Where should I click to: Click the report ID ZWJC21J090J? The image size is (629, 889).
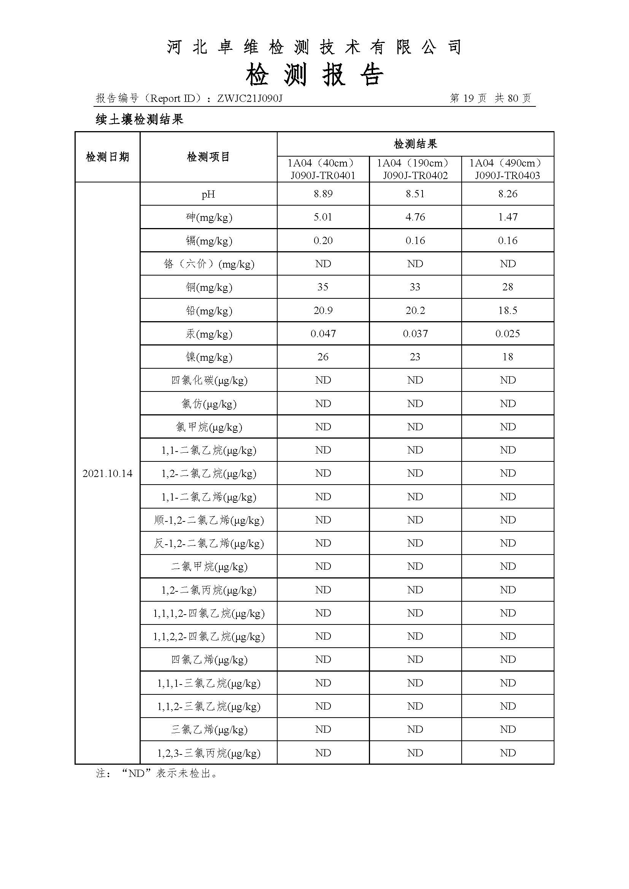(250, 99)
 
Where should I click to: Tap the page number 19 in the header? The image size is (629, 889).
(468, 98)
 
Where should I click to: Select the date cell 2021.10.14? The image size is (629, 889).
(107, 474)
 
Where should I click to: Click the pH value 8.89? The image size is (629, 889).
(323, 194)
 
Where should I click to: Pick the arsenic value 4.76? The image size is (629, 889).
(415, 217)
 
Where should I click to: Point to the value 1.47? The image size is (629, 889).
(507, 217)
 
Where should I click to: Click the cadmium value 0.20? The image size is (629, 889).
(323, 241)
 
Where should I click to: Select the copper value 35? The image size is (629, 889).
(322, 287)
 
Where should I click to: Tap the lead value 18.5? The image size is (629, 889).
(507, 311)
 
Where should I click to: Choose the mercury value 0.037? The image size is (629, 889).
(415, 334)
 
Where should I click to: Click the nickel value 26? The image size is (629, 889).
(322, 357)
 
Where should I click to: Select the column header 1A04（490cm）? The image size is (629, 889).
(507, 163)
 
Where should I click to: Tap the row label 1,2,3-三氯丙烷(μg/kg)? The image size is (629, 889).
(208, 753)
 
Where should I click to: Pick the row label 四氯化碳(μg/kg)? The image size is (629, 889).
(209, 380)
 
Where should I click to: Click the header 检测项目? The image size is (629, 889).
(208, 157)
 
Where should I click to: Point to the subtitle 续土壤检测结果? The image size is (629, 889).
(140, 120)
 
